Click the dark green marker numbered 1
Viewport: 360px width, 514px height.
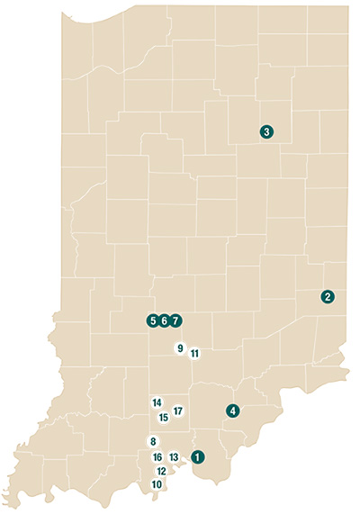[198, 456]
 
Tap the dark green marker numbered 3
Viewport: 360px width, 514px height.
[266, 131]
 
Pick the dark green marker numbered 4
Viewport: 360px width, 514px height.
[233, 410]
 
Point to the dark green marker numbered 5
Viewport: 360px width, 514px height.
[154, 320]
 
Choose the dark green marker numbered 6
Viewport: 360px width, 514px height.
[165, 320]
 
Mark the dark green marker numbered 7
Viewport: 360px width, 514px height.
[175, 320]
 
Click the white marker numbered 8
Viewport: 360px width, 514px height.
[154, 441]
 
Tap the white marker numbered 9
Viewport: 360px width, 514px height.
[180, 348]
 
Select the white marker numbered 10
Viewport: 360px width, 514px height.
[157, 484]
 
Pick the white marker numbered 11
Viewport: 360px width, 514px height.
[194, 354]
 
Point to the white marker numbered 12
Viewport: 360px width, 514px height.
[162, 471]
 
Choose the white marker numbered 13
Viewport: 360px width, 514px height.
[175, 457]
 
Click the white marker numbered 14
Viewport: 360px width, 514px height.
[157, 402]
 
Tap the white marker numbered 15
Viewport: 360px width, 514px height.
[163, 417]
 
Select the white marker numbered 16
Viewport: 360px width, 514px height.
[157, 457]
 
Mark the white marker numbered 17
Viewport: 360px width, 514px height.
[178, 411]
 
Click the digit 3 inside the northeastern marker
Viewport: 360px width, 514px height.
[266, 131]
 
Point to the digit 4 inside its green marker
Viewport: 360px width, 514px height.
[233, 410]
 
